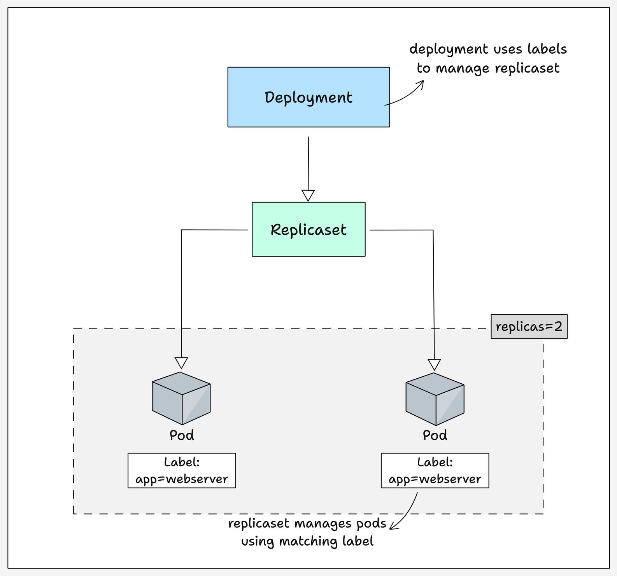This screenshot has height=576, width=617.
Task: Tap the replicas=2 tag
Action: click(529, 327)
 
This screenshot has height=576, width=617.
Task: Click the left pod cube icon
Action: click(181, 398)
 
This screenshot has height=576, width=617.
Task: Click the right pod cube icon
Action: click(435, 399)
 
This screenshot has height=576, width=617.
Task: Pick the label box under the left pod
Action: click(182, 470)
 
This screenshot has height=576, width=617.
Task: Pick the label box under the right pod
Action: click(435, 470)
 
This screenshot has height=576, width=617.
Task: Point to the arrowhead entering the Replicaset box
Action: click(308, 195)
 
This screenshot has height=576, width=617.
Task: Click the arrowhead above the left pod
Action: click(181, 363)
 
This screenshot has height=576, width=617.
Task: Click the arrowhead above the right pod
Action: click(435, 365)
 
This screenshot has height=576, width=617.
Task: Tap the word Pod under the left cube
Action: click(182, 435)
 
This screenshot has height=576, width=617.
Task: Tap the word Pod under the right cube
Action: click(435, 435)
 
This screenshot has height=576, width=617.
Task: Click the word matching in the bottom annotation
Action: click(309, 541)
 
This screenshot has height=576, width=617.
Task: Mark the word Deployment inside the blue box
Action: click(308, 97)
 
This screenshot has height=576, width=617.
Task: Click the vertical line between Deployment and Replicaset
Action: click(308, 163)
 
